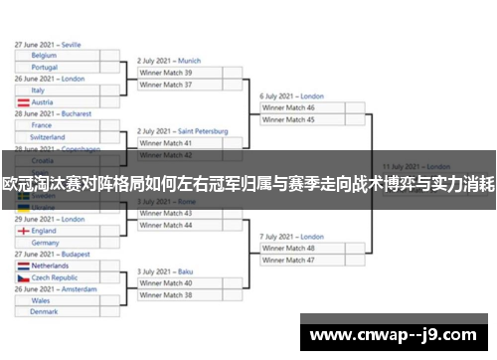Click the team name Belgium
click(x=44, y=56)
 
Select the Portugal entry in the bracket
click(x=45, y=67)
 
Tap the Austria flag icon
click(x=23, y=102)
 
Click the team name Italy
click(x=38, y=90)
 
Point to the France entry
click(x=41, y=125)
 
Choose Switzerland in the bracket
click(x=48, y=137)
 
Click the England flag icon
click(x=23, y=231)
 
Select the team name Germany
click(x=46, y=242)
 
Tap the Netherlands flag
click(x=23, y=266)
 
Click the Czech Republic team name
click(x=55, y=277)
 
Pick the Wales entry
click(x=41, y=300)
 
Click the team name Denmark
click(x=44, y=312)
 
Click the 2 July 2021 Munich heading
click(x=169, y=61)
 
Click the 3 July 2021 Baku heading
click(x=165, y=271)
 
